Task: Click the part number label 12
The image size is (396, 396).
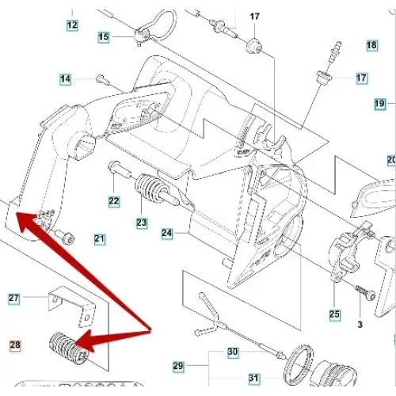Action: pyautogui.click(x=72, y=25)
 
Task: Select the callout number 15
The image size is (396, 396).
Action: pyautogui.click(x=104, y=36)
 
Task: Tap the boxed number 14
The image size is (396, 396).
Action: pyautogui.click(x=66, y=79)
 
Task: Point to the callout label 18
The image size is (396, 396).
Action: pyautogui.click(x=371, y=45)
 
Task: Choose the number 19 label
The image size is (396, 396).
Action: pyautogui.click(x=380, y=103)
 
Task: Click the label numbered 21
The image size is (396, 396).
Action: pyautogui.click(x=100, y=239)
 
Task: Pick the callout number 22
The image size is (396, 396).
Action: pyautogui.click(x=114, y=201)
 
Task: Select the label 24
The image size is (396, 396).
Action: pyautogui.click(x=167, y=234)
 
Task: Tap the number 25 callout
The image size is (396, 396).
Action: pyautogui.click(x=334, y=314)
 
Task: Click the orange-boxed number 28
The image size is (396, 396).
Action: pyautogui.click(x=15, y=345)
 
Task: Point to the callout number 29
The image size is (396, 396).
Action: pyautogui.click(x=178, y=366)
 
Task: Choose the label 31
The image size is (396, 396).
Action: pyautogui.click(x=253, y=379)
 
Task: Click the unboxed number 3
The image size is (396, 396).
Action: pyautogui.click(x=360, y=325)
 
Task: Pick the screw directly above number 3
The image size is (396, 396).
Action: pyautogui.click(x=365, y=292)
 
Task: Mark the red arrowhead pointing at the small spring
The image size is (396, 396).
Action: pyautogui.click(x=85, y=341)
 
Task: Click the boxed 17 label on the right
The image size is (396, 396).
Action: pyautogui.click(x=361, y=78)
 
